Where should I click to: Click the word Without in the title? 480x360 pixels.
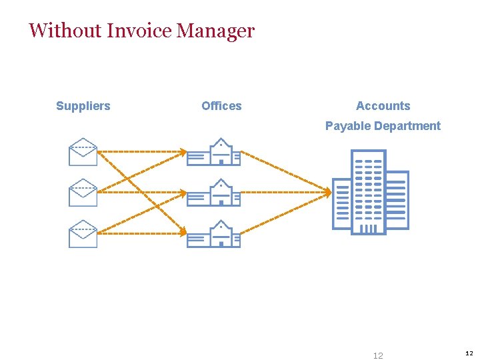65,31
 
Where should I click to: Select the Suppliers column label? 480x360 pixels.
83,106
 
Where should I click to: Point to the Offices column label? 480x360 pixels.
221,106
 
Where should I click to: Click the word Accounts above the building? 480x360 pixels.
383,106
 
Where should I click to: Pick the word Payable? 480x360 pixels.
348,126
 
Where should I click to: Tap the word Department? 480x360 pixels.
408,126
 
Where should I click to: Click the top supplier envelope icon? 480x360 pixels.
83,151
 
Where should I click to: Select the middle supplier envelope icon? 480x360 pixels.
83,193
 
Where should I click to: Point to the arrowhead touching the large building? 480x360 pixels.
328,193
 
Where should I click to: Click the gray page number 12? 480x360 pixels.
378,356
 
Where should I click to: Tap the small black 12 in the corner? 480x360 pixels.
469,353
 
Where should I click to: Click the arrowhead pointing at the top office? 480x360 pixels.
184,152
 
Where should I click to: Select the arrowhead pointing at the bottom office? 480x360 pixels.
184,233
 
